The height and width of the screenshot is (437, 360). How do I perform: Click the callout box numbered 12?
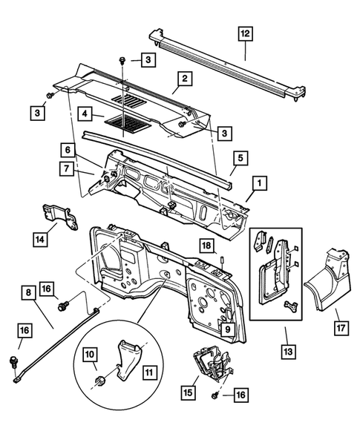(x=245, y=33)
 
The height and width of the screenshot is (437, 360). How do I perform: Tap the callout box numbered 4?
(x=87, y=114)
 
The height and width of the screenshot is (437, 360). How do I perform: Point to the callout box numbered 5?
(x=239, y=157)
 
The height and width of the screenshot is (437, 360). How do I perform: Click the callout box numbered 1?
(x=258, y=180)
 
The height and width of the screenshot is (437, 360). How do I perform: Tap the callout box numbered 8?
(x=30, y=295)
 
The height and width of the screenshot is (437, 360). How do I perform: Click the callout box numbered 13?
(x=286, y=349)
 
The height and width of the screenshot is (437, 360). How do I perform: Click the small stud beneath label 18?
(x=222, y=258)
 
